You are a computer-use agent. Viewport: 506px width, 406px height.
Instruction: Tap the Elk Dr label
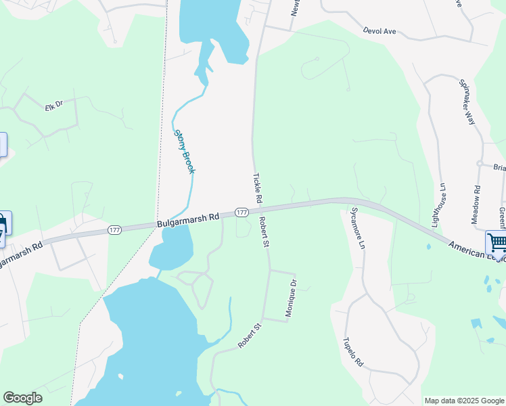coord(53,107)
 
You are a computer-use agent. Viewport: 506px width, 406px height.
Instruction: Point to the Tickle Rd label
coord(257,189)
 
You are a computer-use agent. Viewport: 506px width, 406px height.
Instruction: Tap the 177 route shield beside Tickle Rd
coord(241,212)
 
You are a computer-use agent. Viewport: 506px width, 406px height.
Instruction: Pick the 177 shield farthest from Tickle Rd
coord(115,231)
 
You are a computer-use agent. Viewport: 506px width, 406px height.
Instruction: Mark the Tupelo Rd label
coord(353,352)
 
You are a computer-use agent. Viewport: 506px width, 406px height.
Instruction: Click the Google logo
coord(22,398)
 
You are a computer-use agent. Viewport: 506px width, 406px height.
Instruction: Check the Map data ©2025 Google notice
coord(463,401)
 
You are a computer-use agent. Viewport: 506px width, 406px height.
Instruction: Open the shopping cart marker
coord(497,242)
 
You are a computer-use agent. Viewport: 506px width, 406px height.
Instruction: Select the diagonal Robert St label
coord(250,336)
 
